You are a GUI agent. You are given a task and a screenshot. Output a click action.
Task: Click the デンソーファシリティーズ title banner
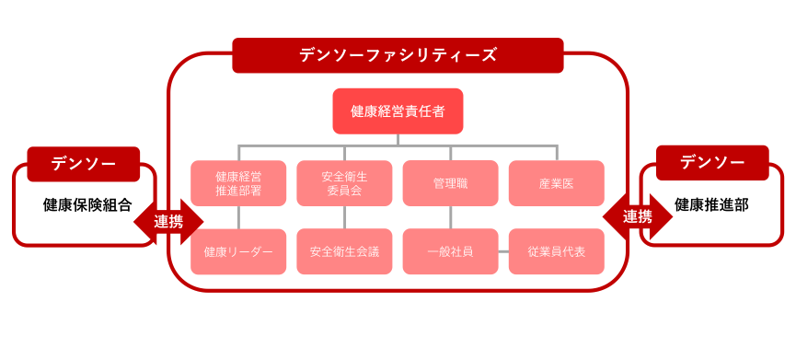(x=398, y=55)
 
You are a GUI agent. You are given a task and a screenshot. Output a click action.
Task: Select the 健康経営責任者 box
(x=398, y=111)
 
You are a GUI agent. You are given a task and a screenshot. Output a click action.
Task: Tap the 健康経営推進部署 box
(x=238, y=183)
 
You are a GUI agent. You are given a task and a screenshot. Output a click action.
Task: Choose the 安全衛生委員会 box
(x=344, y=183)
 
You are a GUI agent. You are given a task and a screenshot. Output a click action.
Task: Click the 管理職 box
(x=450, y=183)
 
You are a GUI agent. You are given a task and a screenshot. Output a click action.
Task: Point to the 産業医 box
(x=556, y=183)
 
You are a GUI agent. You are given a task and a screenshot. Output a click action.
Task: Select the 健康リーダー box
(x=238, y=251)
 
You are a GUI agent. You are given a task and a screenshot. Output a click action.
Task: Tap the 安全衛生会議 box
(x=344, y=251)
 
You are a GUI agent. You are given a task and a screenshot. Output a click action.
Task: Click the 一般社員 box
(x=450, y=251)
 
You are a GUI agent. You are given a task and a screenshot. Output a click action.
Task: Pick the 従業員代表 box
(x=556, y=251)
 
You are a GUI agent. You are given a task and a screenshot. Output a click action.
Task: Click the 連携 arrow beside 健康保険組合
(x=168, y=221)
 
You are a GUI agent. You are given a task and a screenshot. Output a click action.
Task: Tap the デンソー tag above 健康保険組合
(x=83, y=164)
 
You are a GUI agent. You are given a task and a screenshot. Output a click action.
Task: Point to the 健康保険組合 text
(x=87, y=205)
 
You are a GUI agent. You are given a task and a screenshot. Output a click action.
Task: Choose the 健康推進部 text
(x=711, y=204)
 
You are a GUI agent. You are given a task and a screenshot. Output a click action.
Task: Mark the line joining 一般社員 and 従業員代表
(x=503, y=251)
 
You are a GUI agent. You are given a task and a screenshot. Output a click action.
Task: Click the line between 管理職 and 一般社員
(x=450, y=217)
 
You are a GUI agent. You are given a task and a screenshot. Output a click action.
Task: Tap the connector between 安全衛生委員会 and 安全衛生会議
(x=344, y=217)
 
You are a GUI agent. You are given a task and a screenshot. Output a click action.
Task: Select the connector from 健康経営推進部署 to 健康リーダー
(x=238, y=217)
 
